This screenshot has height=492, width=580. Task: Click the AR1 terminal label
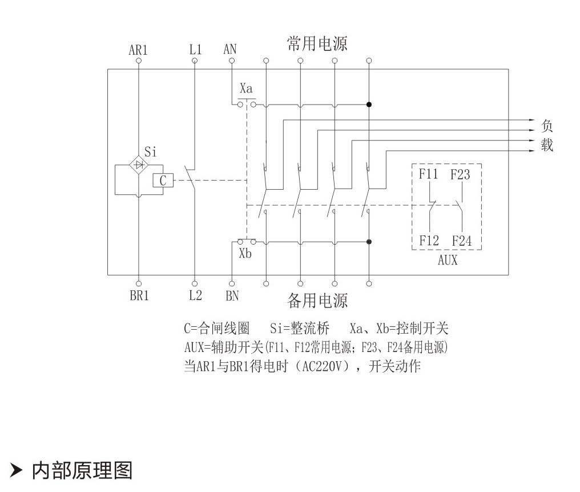click(138, 50)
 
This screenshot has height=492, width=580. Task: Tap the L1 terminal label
click(195, 50)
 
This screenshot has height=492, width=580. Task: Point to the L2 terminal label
click(195, 297)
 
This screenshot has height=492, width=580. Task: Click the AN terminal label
click(230, 50)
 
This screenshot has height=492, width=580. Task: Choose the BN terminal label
click(232, 297)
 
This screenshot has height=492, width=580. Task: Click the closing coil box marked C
click(163, 181)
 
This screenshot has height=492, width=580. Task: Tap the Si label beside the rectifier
click(150, 152)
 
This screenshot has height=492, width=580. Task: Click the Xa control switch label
click(246, 89)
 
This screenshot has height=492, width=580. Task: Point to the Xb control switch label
click(245, 254)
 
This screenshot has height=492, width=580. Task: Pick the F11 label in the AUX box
click(428, 174)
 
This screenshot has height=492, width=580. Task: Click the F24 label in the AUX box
click(462, 241)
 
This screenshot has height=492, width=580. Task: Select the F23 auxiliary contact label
click(460, 174)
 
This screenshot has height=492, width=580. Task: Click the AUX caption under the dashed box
click(447, 261)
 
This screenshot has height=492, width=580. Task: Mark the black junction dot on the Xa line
click(369, 105)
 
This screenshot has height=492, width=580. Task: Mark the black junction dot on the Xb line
click(369, 242)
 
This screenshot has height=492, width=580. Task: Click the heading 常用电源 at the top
click(317, 43)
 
